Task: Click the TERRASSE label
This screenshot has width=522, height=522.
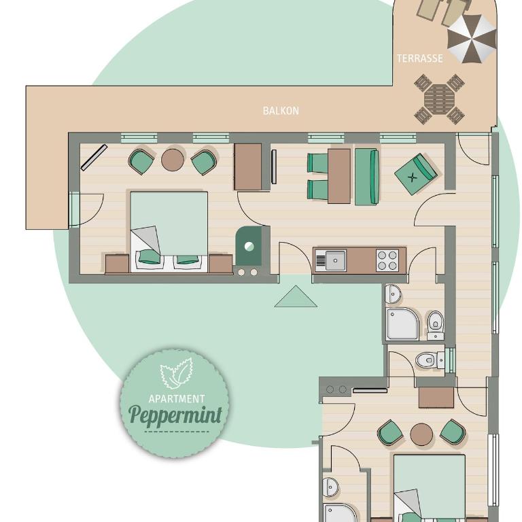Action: [x=420, y=58]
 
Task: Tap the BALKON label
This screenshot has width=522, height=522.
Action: [x=281, y=111]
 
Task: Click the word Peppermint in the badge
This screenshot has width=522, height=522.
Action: [x=175, y=415]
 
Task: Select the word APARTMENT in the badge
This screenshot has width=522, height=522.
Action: [x=177, y=398]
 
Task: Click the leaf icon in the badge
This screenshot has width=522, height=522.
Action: [x=177, y=373]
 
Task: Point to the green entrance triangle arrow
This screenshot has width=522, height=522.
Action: [x=296, y=297]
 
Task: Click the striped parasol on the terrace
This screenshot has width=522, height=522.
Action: [x=472, y=39]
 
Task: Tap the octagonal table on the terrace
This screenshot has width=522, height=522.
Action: [x=439, y=99]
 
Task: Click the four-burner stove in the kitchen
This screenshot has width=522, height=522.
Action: [x=387, y=260]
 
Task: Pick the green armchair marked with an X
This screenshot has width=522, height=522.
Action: [x=415, y=174]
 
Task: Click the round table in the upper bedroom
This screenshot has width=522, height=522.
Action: [x=173, y=160]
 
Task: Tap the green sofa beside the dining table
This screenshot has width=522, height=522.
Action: [x=367, y=177]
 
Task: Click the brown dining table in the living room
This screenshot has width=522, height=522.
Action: [x=339, y=176]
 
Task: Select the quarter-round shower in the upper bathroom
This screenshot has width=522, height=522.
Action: [x=402, y=324]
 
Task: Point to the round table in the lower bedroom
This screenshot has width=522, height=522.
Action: [x=421, y=434]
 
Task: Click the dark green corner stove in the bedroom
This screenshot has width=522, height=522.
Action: [x=248, y=246]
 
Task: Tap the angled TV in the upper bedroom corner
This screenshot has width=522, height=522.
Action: [x=94, y=158]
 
